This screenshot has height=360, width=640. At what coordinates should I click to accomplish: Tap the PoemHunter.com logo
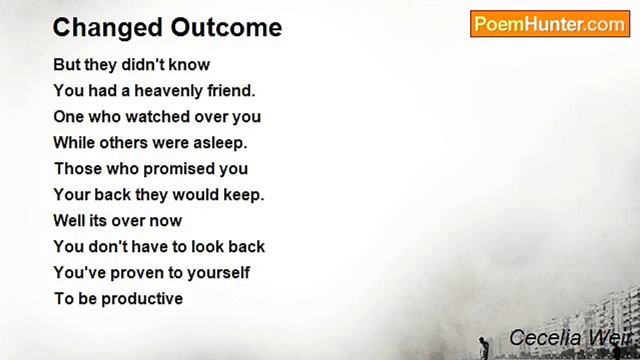point(549,24)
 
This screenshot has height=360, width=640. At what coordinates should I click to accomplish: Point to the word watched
point(150,117)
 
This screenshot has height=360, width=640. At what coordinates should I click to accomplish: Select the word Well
point(69,221)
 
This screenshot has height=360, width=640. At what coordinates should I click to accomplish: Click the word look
point(206,247)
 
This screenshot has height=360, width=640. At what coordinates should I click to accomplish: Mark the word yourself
point(218,273)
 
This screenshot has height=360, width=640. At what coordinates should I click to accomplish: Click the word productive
point(142,299)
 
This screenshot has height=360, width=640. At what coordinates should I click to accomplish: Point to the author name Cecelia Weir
point(570,338)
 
